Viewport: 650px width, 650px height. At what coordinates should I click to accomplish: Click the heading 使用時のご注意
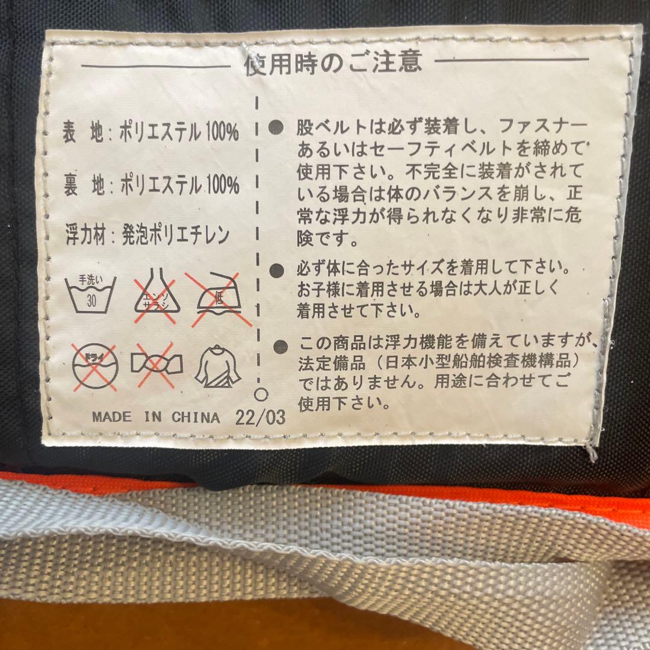pyautogui.click(x=333, y=63)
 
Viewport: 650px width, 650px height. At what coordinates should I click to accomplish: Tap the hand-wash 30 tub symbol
pyautogui.click(x=90, y=294)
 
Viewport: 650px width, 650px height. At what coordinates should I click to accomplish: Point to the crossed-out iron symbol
pyautogui.click(x=218, y=298)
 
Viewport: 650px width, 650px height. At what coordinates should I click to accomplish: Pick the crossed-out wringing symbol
pyautogui.click(x=156, y=364)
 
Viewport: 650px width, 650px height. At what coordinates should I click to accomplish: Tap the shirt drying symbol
pyautogui.click(x=218, y=367)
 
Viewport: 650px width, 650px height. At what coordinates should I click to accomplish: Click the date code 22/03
pyautogui.click(x=261, y=417)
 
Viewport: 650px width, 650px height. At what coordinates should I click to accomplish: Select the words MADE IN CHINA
pyautogui.click(x=156, y=417)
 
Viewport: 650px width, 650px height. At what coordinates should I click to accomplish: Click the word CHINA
pyautogui.click(x=196, y=417)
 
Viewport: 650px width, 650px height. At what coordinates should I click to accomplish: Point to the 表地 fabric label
pyautogui.click(x=83, y=132)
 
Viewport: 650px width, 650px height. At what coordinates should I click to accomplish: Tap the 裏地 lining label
pyautogui.click(x=84, y=185)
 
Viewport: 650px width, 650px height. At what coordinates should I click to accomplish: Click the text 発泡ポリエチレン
pyautogui.click(x=175, y=235)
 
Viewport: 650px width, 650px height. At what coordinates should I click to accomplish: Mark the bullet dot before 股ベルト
pyautogui.click(x=276, y=128)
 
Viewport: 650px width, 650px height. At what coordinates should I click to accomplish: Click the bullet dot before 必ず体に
pyautogui.click(x=276, y=271)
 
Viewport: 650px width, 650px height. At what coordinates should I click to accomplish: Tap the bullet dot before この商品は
pyautogui.click(x=280, y=346)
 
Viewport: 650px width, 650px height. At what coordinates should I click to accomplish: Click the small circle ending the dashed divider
pyautogui.click(x=261, y=394)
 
